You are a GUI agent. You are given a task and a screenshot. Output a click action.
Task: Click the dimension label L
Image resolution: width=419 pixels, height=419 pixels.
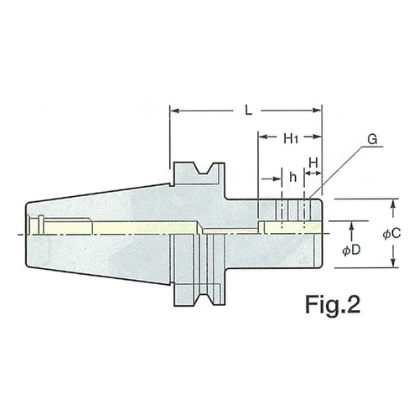(x=248, y=111)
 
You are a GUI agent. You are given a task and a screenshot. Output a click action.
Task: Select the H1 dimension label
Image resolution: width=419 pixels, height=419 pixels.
(x=291, y=138)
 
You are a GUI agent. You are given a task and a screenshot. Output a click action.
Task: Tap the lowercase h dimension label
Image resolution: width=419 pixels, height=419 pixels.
(x=292, y=177)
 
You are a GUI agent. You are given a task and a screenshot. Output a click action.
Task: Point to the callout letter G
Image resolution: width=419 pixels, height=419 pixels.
(x=372, y=139)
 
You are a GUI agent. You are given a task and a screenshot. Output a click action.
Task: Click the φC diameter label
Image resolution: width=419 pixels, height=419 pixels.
(x=391, y=234)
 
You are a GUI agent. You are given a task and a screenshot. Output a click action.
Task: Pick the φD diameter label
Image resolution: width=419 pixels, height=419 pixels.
(x=352, y=251)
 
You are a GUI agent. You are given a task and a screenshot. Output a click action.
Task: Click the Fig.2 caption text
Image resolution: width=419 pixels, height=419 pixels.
(x=333, y=305)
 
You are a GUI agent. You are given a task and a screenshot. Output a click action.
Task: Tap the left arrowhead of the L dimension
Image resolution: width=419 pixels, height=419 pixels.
(x=174, y=111)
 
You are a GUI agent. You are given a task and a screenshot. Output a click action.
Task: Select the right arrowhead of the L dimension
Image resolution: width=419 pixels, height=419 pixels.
(x=318, y=111)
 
